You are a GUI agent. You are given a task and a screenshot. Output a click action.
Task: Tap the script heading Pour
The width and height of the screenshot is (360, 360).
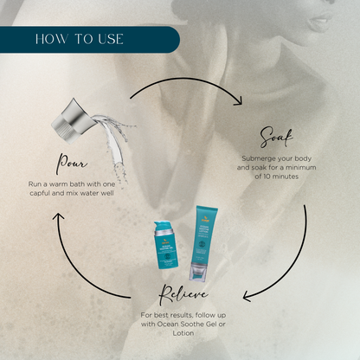(72, 164)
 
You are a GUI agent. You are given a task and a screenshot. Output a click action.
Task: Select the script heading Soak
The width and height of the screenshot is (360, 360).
(277, 138)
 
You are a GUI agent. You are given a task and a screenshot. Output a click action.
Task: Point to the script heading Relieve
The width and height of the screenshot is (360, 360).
(183, 294)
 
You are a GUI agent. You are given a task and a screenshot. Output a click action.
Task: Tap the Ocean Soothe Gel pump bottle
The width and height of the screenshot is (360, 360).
(166, 245)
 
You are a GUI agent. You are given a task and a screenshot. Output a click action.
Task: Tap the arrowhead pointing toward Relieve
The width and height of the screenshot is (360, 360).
(247, 297)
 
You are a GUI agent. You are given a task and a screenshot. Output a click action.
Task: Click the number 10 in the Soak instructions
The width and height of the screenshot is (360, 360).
(267, 177)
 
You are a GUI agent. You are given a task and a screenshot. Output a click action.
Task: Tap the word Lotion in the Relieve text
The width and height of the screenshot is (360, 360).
(183, 333)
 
